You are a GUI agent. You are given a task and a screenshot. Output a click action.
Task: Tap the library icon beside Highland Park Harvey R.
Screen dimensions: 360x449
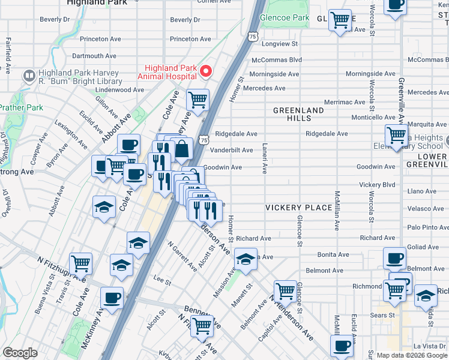[x=28, y=76]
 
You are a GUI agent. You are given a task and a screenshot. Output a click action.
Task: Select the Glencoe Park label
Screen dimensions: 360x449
[x=286, y=18]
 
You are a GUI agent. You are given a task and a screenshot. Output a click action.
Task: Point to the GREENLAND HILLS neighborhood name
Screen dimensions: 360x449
[x=298, y=115]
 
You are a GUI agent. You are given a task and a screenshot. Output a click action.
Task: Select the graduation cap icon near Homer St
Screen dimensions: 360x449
[x=245, y=259]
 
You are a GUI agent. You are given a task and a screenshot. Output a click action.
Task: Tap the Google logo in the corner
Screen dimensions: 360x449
[x=20, y=353]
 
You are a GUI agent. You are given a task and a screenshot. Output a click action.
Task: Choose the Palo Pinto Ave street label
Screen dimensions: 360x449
[x=427, y=227]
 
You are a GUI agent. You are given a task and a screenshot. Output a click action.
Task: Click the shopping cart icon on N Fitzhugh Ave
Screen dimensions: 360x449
[x=80, y=263]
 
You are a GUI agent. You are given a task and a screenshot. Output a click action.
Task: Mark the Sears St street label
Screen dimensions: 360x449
[x=382, y=314]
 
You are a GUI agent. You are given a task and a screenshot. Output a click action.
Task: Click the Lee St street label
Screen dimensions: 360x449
[x=159, y=278]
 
